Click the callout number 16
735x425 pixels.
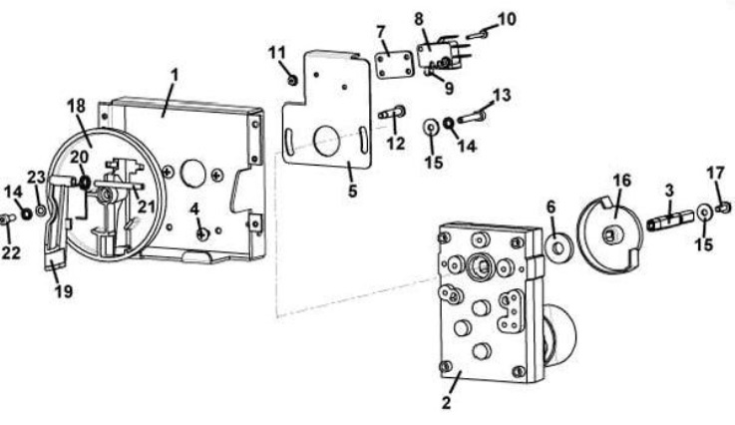(622, 181)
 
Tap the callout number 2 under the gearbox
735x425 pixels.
(446, 402)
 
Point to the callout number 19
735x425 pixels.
(64, 291)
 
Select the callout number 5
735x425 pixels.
(352, 191)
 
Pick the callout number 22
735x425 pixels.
(11, 252)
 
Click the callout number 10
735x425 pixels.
(507, 19)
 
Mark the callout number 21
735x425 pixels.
(146, 206)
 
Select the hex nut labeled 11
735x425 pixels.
(292, 81)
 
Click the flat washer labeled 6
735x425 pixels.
(558, 247)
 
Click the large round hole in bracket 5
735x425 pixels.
(327, 141)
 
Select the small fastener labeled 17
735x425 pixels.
(725, 207)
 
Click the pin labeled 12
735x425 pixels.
(392, 113)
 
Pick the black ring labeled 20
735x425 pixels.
(85, 183)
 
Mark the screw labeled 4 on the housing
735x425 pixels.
(202, 233)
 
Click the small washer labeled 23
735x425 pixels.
(41, 211)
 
